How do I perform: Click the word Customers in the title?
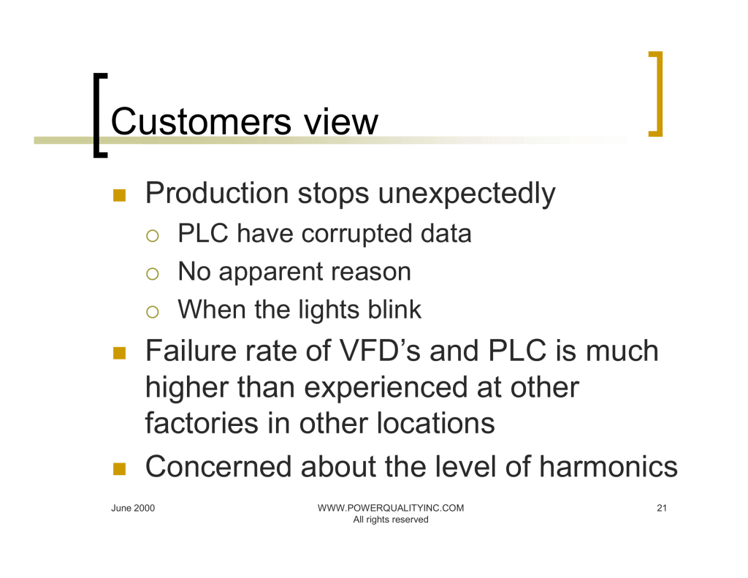tap(201, 122)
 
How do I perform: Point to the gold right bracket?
tap(657, 94)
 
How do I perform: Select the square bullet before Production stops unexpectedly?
tap(119, 195)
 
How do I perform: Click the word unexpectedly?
tap(467, 194)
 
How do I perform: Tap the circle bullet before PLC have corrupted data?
tap(152, 236)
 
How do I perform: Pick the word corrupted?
tap(356, 235)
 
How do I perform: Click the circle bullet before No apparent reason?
tap(152, 273)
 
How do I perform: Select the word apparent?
tap(270, 273)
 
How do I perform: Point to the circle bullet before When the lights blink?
tap(152, 312)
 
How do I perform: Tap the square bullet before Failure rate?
tap(119, 353)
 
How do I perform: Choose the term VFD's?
tap(380, 351)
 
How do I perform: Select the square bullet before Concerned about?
tap(119, 468)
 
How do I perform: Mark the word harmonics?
tap(608, 466)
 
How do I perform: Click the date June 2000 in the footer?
tap(133, 508)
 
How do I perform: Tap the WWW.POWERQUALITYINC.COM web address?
tap(391, 508)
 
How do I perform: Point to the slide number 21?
tap(662, 508)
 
